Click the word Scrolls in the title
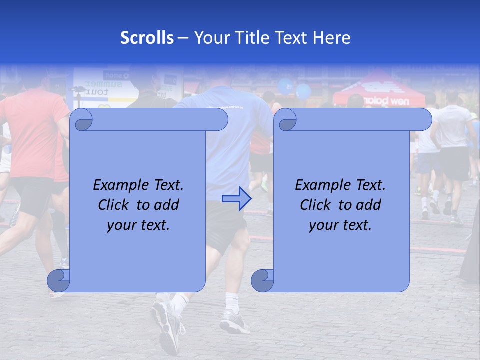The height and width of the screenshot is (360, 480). point(147,38)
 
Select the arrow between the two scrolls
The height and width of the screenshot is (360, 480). point(236,198)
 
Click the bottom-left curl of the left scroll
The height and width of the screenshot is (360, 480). point(58,280)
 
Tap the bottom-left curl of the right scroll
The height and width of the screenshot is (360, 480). point(262,280)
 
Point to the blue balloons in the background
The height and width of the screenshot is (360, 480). point(295,89)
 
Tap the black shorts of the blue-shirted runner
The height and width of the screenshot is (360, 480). point(227,225)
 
